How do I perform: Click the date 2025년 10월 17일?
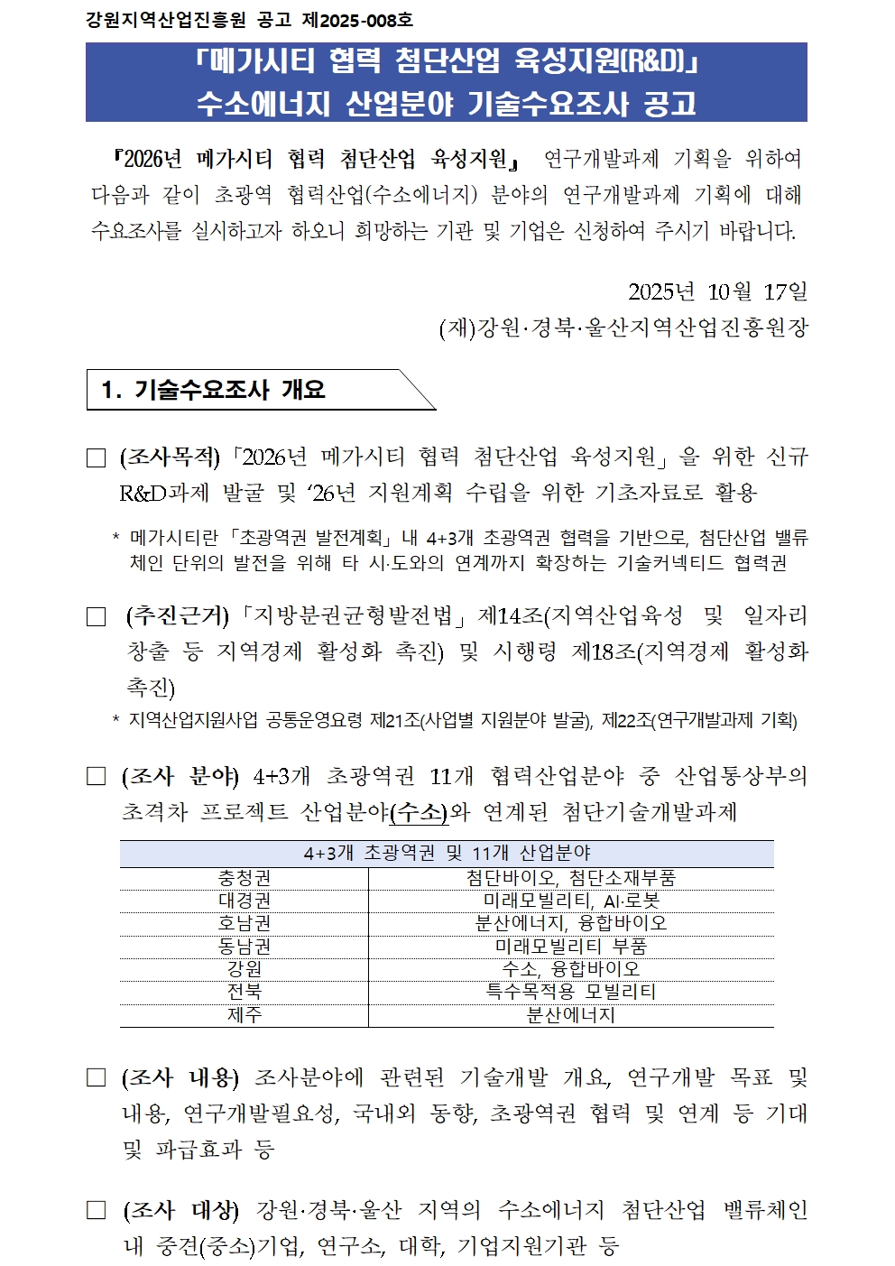coord(717,291)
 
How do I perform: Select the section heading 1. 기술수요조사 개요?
coord(214,390)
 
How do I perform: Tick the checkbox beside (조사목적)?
coord(97,458)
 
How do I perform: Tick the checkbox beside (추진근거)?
coord(97,617)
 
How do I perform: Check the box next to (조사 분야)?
coord(97,777)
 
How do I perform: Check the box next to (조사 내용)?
coord(97,1078)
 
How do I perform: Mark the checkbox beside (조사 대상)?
coord(97,1211)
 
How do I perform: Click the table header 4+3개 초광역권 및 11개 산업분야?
coord(447,854)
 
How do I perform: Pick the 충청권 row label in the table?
coord(245,878)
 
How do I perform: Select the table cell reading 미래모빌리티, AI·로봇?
coord(571,901)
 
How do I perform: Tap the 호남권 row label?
coord(245,923)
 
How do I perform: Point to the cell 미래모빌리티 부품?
coord(571,947)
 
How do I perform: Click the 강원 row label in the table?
coord(245,969)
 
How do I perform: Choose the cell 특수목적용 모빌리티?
coord(571,992)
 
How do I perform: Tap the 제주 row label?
coord(245,1015)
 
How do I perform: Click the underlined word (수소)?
coord(419,812)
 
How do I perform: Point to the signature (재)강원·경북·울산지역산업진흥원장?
coord(623,328)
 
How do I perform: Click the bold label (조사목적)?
coord(170,457)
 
